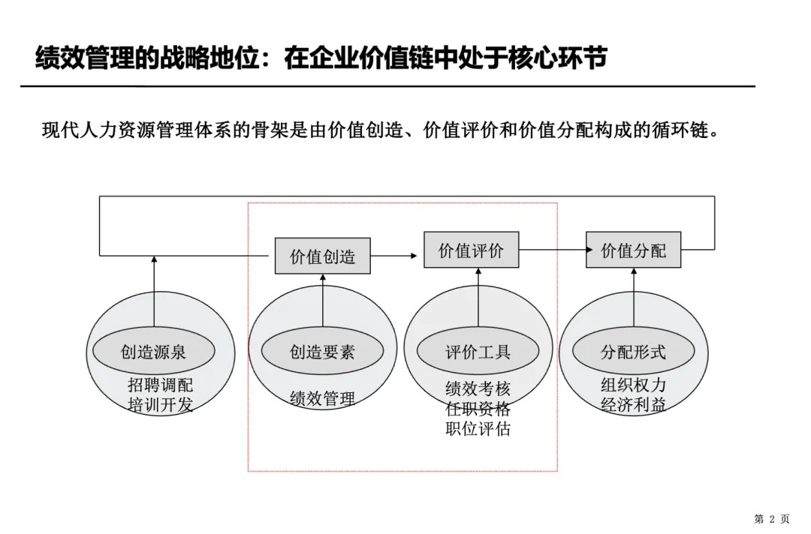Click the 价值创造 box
(x=322, y=256)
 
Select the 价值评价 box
(x=471, y=250)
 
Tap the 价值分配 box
(x=633, y=250)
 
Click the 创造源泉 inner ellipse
(x=153, y=351)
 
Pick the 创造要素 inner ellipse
(x=322, y=351)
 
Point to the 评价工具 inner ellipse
(x=478, y=351)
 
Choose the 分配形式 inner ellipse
(x=633, y=351)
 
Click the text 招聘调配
(x=160, y=385)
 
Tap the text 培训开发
(x=160, y=406)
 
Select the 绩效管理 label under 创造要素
(x=322, y=398)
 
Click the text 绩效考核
(x=478, y=388)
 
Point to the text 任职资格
(x=478, y=409)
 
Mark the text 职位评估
(x=478, y=429)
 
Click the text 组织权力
(x=633, y=385)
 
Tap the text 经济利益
(x=633, y=405)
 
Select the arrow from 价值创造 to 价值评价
(x=393, y=256)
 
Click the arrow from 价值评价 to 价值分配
(x=552, y=250)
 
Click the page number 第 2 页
(x=771, y=519)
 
